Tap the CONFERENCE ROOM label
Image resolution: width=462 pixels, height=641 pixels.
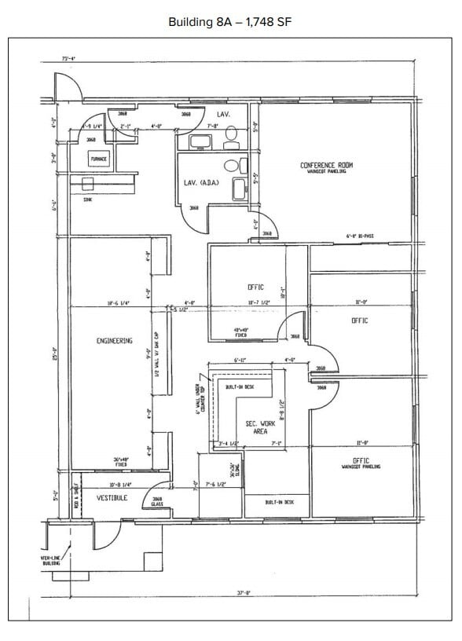coord(326,165)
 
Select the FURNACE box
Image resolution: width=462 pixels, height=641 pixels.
coord(98,159)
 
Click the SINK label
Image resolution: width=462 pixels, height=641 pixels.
coord(87,200)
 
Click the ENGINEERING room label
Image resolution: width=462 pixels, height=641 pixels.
coord(114,341)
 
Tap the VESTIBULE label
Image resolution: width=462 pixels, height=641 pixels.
coord(112,498)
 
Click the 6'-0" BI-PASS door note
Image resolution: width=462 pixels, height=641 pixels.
coord(359,236)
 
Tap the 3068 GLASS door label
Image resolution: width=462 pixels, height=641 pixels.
coord(156,502)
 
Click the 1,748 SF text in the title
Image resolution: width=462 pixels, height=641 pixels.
coord(269,21)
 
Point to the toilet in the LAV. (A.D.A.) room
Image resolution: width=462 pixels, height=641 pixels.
coord(231,166)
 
